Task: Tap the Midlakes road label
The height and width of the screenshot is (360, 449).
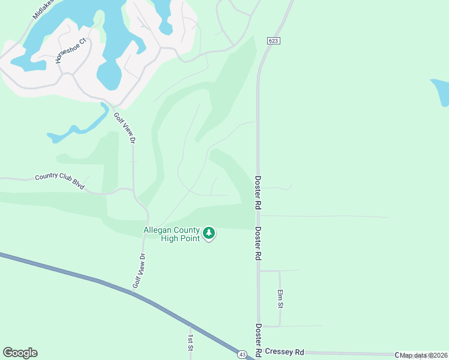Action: [x=43, y=8]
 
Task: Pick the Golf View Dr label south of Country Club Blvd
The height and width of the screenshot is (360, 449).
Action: [x=139, y=271]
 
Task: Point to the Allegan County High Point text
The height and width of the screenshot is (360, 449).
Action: [x=171, y=234]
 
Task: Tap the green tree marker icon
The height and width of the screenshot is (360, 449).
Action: [x=208, y=233]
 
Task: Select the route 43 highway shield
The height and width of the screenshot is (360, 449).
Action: [x=241, y=355]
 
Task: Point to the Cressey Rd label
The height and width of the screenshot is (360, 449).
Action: [x=285, y=352]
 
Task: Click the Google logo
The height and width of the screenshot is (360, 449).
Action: [x=20, y=353]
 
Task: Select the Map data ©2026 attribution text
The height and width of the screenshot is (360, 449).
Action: [x=424, y=355]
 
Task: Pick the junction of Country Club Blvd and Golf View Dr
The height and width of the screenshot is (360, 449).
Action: [x=133, y=190]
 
